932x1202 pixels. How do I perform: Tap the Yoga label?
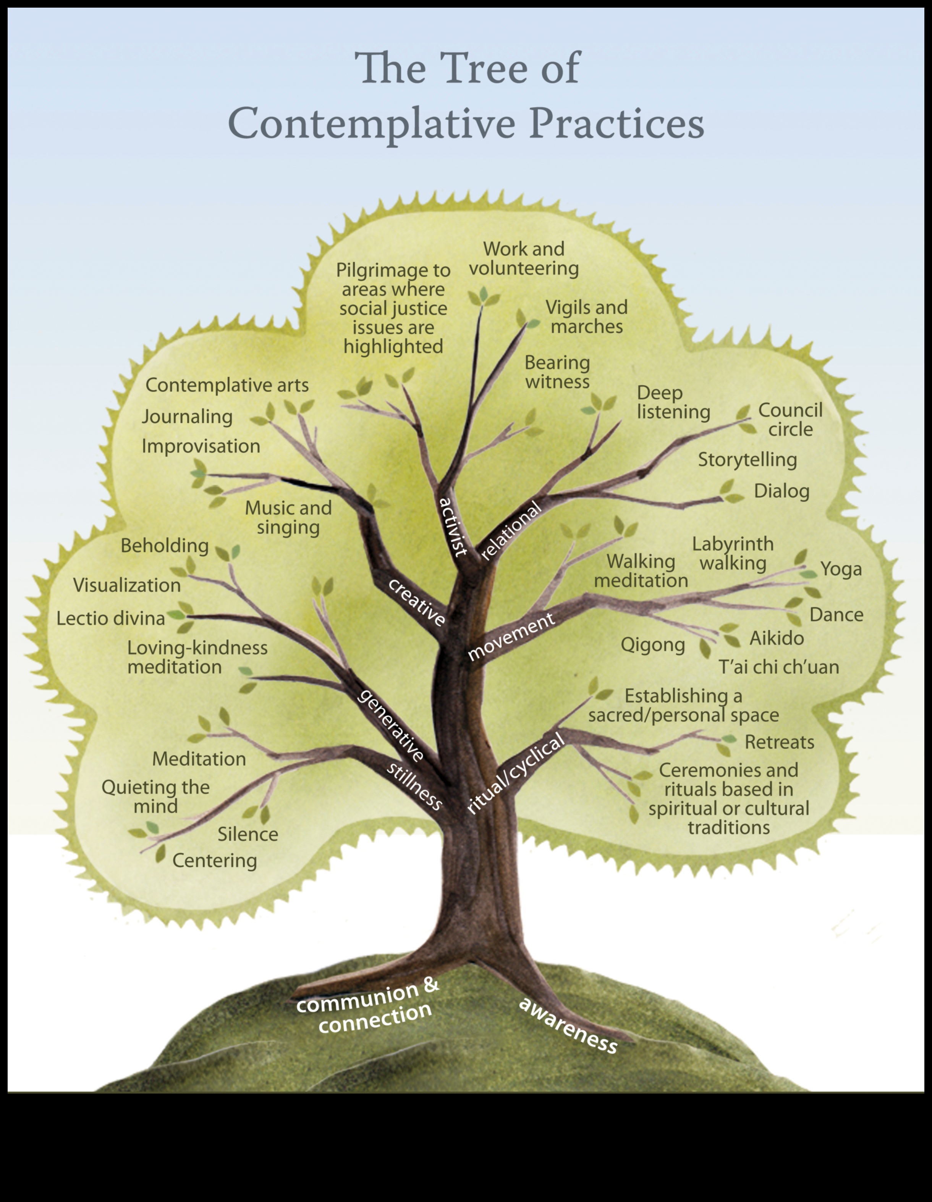(841, 569)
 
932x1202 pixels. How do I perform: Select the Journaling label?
(187, 417)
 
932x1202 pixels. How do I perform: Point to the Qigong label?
(652, 645)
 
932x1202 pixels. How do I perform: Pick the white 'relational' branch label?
(511, 531)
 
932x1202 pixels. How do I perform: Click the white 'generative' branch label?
(391, 725)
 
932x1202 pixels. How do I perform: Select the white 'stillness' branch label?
(414, 785)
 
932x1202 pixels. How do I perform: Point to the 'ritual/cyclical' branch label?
(515, 773)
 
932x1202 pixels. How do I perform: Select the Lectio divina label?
(111, 619)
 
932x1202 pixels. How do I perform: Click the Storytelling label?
(747, 460)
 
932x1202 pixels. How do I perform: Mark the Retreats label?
(779, 742)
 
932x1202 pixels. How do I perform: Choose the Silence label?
(248, 834)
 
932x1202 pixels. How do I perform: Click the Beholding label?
(165, 546)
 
